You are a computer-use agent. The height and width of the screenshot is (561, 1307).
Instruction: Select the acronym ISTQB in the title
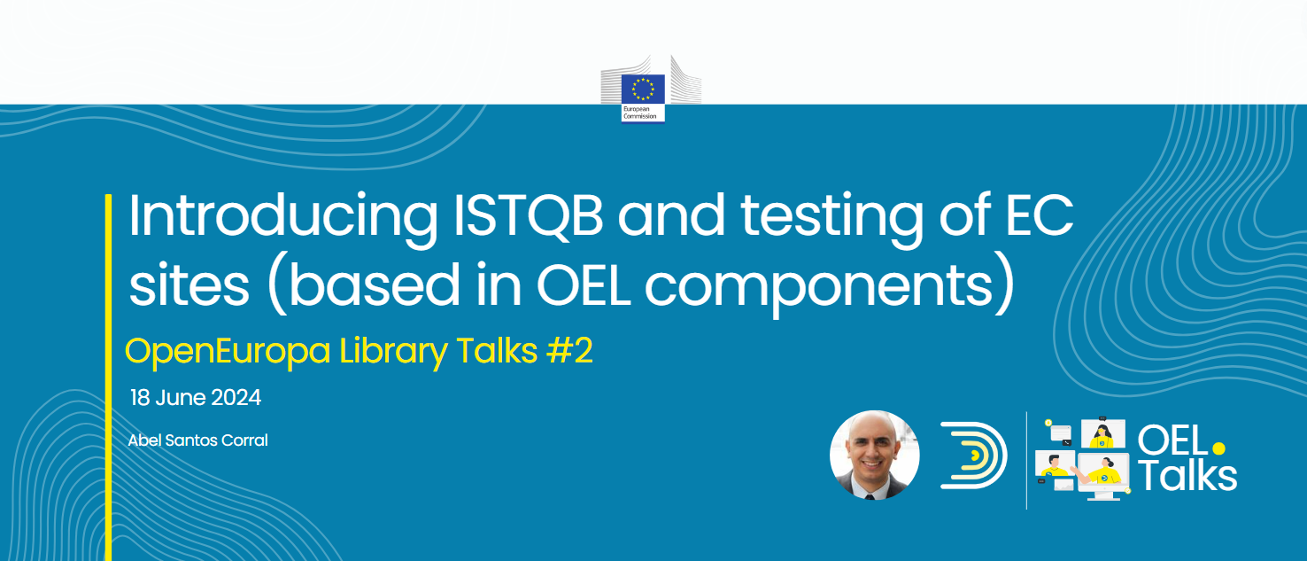[x=528, y=216]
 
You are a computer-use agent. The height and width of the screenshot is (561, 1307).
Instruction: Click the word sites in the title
[x=189, y=284]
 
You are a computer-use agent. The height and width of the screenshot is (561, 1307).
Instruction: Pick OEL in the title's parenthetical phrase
[x=584, y=285]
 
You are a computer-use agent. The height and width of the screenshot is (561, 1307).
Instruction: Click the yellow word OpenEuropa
[x=228, y=352]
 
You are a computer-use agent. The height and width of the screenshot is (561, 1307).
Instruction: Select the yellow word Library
[x=394, y=352]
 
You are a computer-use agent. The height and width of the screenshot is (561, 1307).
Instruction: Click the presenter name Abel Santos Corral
[x=197, y=440]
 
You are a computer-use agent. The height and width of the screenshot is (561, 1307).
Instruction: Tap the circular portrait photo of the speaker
[x=875, y=456]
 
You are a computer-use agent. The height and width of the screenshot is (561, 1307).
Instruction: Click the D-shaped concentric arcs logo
[x=973, y=456]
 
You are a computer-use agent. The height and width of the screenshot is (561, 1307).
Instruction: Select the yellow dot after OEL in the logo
[x=1219, y=448]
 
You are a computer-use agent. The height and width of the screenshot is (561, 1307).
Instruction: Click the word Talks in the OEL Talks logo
[x=1187, y=477]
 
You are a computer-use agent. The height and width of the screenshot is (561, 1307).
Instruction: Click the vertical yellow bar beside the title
[x=108, y=378]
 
